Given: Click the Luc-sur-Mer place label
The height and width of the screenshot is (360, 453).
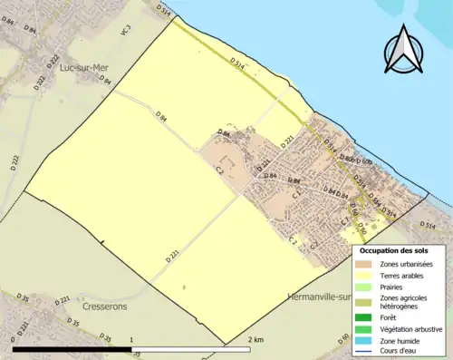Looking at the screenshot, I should (79, 67).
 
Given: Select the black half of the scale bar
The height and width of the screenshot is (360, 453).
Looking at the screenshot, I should (72, 350).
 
